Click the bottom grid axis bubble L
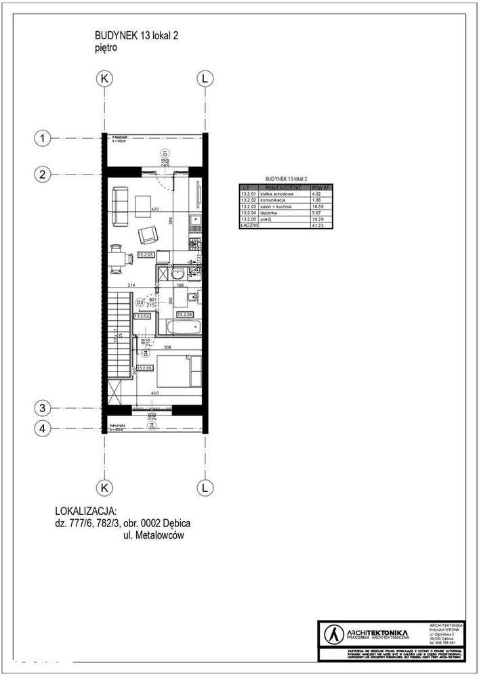pos(203,487)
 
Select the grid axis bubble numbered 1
pos(42,139)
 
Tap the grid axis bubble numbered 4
pos(42,428)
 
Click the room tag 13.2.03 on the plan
pos(146,255)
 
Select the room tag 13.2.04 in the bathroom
pos(185,315)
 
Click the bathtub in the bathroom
pos(179,328)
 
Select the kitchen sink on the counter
pos(194,221)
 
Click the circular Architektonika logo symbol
pos(332,634)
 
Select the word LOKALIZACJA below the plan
pos(85,511)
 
